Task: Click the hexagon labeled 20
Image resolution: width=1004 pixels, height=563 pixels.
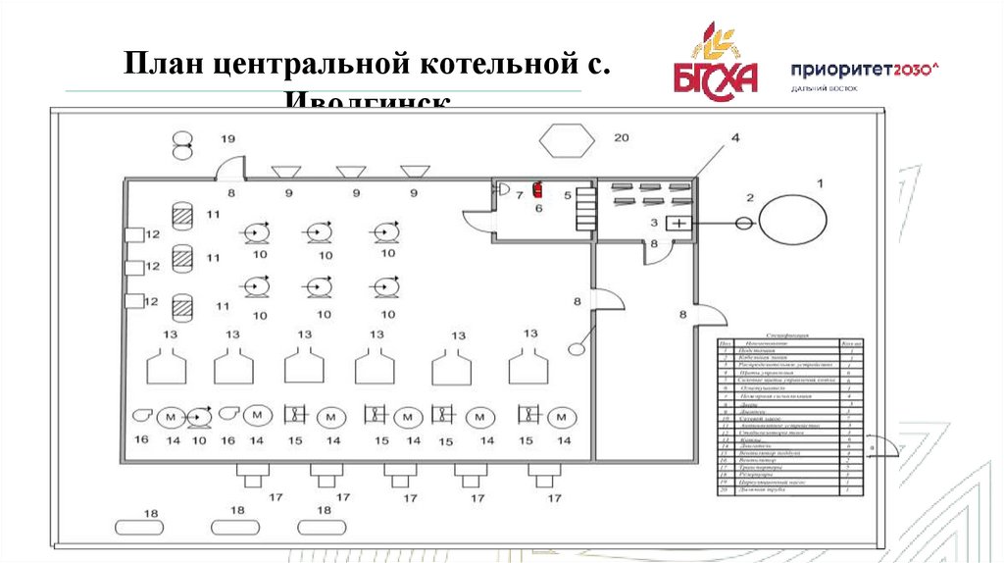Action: (566, 139)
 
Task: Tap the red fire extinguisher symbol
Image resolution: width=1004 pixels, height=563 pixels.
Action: (536, 189)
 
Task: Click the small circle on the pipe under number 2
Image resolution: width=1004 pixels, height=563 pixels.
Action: (744, 224)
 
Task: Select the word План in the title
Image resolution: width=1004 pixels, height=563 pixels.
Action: (163, 68)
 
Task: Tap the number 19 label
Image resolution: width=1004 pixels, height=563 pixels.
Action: (227, 139)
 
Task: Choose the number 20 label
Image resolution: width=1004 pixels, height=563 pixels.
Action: (621, 137)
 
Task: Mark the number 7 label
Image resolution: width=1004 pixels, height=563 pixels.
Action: (520, 195)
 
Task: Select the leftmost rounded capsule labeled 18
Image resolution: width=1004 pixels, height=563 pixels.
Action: (139, 527)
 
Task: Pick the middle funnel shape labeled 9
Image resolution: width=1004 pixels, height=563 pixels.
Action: (351, 172)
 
